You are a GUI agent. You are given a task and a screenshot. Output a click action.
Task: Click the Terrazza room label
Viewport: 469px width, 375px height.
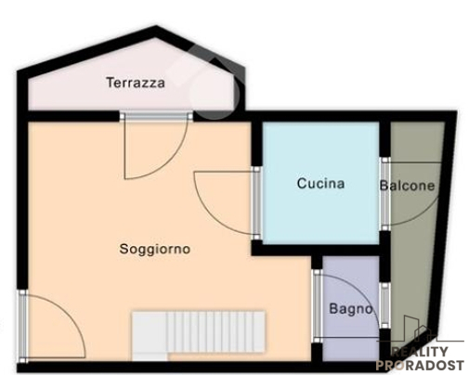(136, 83)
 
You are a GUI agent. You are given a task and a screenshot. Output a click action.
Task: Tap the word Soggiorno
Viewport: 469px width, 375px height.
(155, 249)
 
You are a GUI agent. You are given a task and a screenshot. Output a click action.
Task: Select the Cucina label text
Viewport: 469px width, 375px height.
(320, 184)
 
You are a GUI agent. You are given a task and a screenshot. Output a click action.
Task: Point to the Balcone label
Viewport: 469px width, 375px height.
(407, 186)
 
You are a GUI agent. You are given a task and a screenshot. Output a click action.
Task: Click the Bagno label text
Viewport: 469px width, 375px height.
(351, 309)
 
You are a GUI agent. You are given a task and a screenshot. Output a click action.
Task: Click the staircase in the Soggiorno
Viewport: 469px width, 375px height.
(199, 334)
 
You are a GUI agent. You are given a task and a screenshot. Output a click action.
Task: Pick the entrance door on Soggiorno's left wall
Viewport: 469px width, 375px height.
(51, 325)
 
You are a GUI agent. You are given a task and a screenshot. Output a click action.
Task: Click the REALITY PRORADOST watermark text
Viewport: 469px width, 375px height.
(419, 358)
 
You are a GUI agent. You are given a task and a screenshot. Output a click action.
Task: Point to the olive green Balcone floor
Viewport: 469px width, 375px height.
(413, 260)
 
